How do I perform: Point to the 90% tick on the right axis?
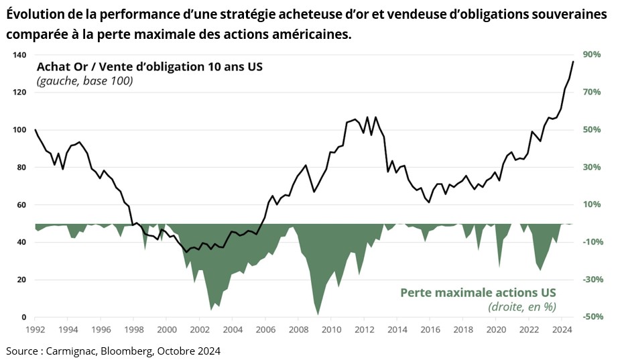[x=591, y=55]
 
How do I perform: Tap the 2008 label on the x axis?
[x=298, y=330]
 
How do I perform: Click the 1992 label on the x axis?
[x=35, y=330]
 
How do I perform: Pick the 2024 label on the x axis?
[x=561, y=330]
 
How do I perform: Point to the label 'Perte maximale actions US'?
[x=478, y=293]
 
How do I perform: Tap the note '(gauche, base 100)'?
[x=85, y=81]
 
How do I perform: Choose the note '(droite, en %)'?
[x=521, y=307]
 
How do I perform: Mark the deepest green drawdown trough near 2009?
[x=317, y=314]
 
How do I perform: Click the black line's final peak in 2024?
[x=573, y=61]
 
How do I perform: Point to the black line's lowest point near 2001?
[x=186, y=252]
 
